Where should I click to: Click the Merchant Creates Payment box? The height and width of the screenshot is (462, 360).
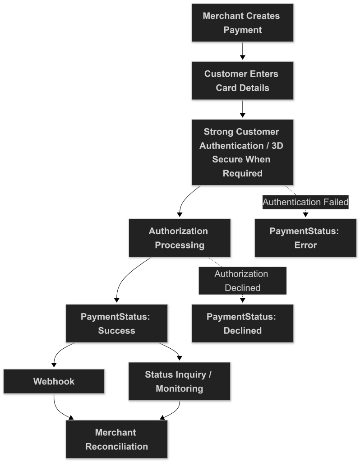click(242, 23)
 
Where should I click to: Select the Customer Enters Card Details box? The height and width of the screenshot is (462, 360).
click(242, 80)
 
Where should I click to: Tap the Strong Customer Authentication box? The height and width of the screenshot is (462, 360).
click(242, 152)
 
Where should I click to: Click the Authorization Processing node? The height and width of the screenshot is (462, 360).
click(180, 238)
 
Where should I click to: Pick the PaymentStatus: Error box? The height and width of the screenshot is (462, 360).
click(305, 238)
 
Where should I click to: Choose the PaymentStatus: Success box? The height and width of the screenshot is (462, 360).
click(117, 323)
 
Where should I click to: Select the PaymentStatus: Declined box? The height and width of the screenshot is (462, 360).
click(242, 323)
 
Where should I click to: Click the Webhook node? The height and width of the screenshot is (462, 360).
click(54, 381)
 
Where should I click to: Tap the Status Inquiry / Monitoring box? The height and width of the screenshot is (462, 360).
click(180, 381)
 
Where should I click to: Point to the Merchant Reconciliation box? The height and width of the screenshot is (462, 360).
click(117, 439)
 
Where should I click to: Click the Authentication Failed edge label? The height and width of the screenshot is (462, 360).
click(305, 202)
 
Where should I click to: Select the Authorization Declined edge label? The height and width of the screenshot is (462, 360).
click(242, 281)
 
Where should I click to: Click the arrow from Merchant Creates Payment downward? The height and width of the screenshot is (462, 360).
click(242, 51)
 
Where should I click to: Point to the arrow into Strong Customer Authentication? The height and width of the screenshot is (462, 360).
click(242, 109)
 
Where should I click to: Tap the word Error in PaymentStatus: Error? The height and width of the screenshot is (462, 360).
click(305, 245)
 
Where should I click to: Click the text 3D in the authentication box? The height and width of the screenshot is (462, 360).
click(277, 146)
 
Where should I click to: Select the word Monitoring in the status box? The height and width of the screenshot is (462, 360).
click(180, 388)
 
